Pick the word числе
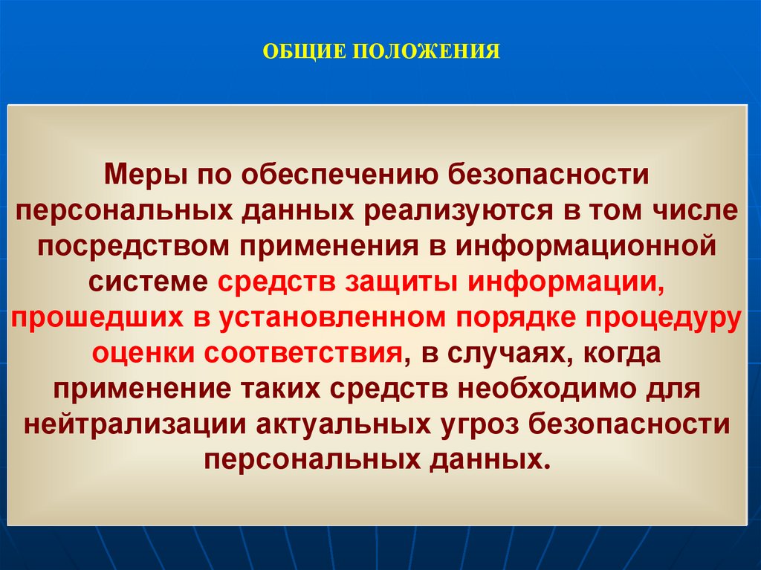coord(696,212)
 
